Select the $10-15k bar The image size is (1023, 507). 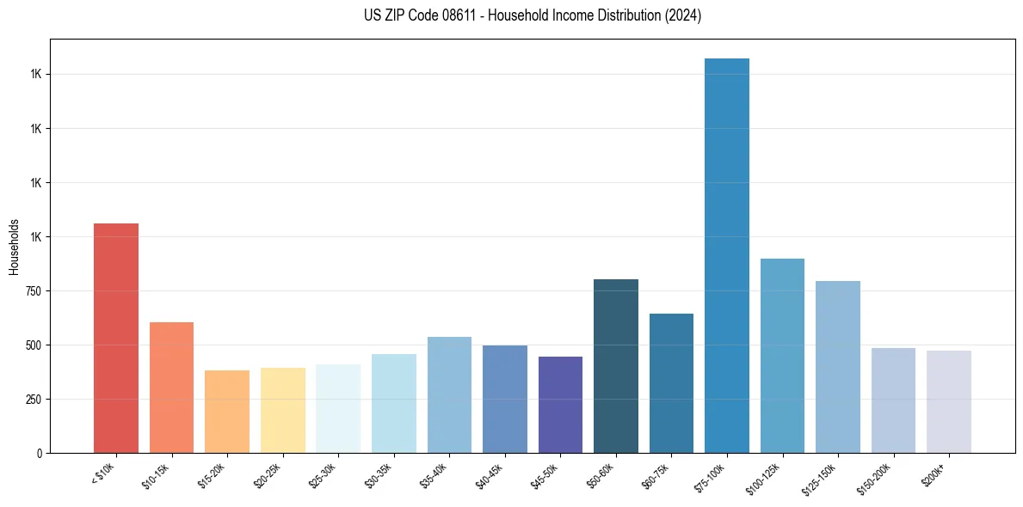click(x=171, y=388)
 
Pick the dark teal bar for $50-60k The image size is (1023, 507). click(x=616, y=366)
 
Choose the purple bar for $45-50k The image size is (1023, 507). click(x=560, y=405)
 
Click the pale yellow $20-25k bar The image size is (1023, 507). click(x=283, y=410)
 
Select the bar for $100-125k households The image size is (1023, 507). click(x=782, y=356)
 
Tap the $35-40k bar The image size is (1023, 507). click(x=449, y=394)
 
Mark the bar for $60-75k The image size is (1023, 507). click(x=671, y=383)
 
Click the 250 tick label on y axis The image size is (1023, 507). click(x=33, y=400)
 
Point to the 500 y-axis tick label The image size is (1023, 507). click(x=33, y=345)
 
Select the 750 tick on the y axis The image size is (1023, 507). click(x=33, y=291)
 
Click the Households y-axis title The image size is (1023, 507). click(x=14, y=246)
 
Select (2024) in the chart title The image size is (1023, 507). click(x=684, y=15)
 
